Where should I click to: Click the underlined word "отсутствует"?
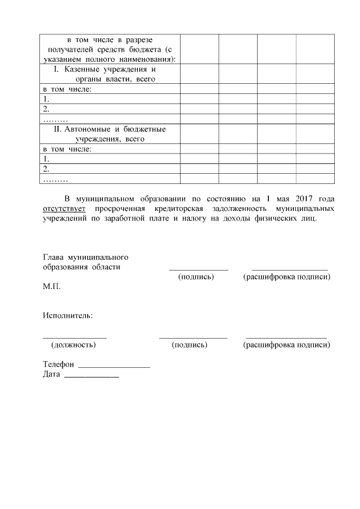pyautogui.click(x=64, y=209)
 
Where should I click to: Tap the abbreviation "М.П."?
pyautogui.click(x=52, y=286)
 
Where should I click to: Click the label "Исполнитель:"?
pyautogui.click(x=67, y=315)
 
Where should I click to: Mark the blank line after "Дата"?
pyautogui.click(x=91, y=375)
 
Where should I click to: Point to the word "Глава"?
pyautogui.click(x=53, y=257)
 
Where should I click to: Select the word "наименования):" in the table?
pyautogui.click(x=147, y=59)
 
